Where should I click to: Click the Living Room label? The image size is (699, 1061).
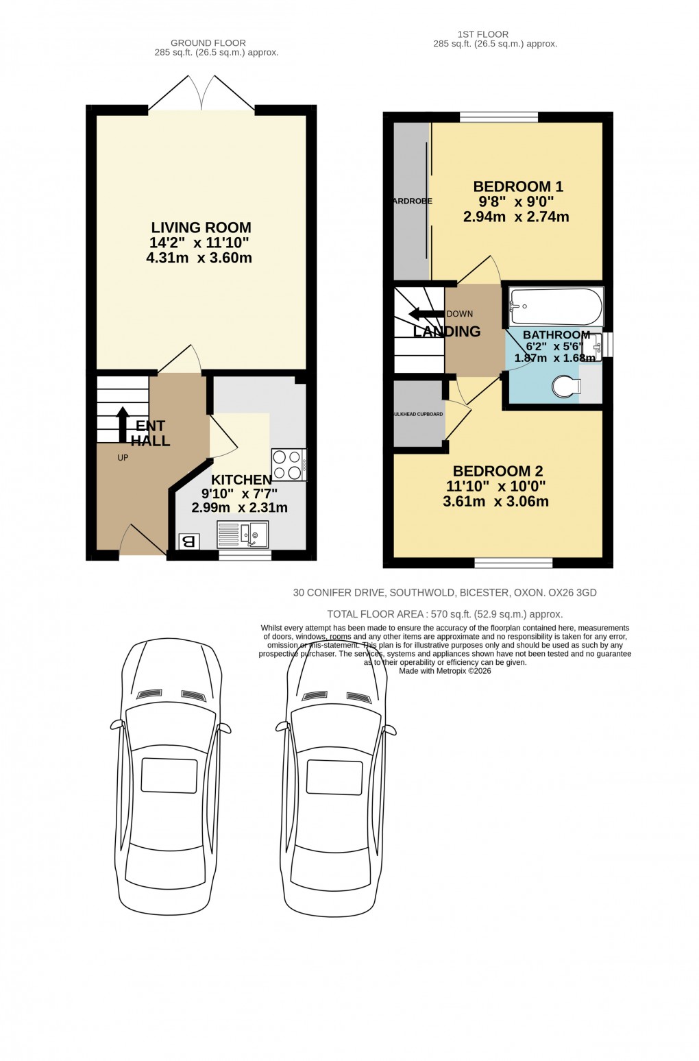tap(200, 228)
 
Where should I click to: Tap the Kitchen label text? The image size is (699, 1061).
tap(241, 480)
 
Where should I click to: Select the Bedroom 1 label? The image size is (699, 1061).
tap(517, 186)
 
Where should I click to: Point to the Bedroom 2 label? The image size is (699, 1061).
tap(498, 472)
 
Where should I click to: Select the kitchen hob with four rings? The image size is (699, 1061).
tap(289, 464)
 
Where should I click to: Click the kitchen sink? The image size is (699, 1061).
tap(243, 534)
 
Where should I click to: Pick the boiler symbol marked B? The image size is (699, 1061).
tap(188, 541)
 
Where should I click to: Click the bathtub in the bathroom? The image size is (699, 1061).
tap(556, 306)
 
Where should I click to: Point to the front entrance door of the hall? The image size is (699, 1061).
tap(142, 541)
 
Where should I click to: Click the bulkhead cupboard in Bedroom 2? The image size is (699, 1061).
tap(418, 414)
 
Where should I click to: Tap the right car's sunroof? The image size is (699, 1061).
tap(334, 777)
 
